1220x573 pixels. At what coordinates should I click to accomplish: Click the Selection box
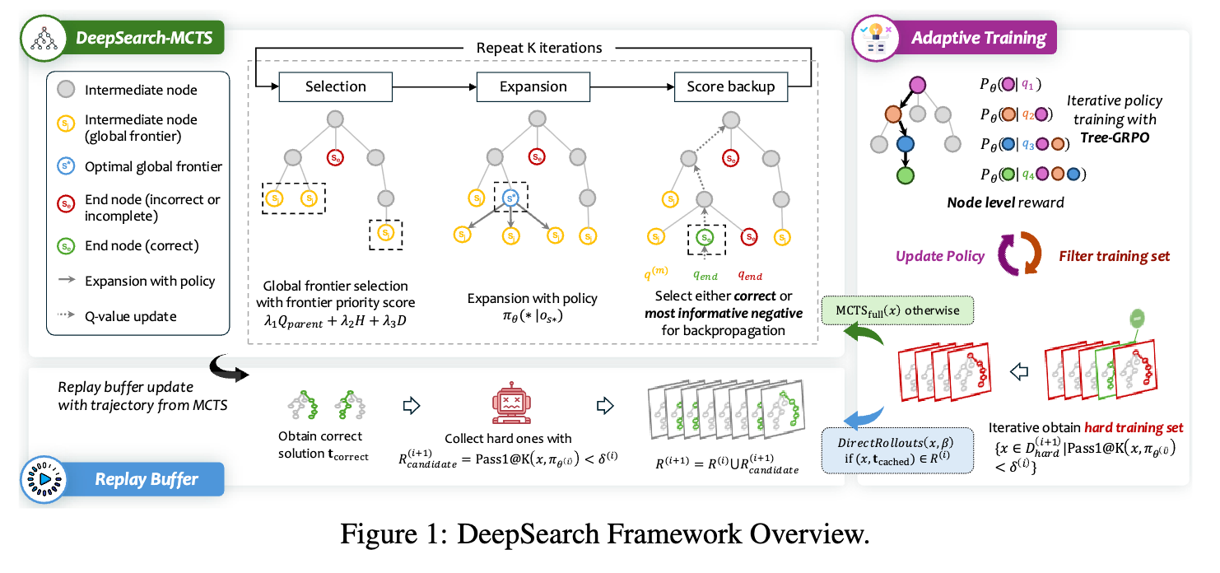pos(335,86)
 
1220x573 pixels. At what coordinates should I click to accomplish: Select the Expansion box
pos(533,86)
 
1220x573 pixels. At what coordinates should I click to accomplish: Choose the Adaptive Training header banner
pos(978,38)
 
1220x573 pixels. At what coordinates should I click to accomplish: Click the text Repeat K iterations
pos(539,48)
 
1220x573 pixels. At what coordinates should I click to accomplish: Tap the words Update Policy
pos(938,256)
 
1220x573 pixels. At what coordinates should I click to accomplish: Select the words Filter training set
pos(1114,256)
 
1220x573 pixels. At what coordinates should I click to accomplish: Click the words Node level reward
pos(1006,203)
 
